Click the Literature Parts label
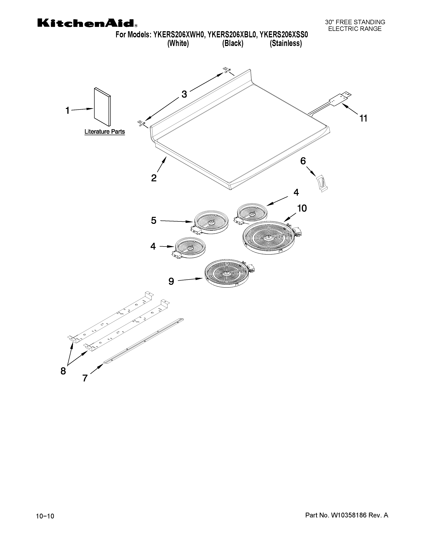104,132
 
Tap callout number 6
303,161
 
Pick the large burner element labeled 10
269,237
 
